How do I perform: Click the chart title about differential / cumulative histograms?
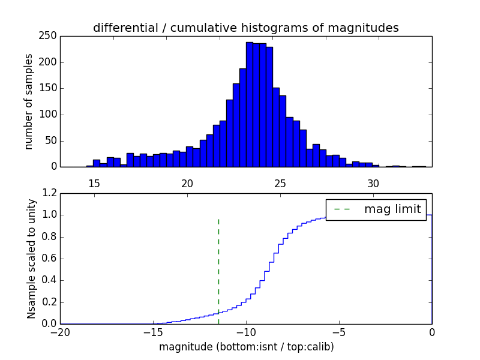(x=246, y=28)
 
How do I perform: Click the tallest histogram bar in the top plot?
(x=250, y=105)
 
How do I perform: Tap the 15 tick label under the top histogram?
(x=94, y=183)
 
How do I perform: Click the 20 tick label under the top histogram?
(x=187, y=183)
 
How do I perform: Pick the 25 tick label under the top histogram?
(x=280, y=183)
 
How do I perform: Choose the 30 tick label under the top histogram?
(x=373, y=183)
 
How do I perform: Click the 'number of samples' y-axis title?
(x=29, y=101)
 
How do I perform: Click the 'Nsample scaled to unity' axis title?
(x=31, y=259)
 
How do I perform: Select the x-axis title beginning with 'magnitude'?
(x=246, y=347)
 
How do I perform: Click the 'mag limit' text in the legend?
(x=392, y=209)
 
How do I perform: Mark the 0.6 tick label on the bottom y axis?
(x=49, y=259)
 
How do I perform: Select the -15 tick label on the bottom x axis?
(x=153, y=332)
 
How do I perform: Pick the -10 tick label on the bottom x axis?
(x=246, y=332)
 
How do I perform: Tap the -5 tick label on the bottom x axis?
(x=339, y=332)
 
